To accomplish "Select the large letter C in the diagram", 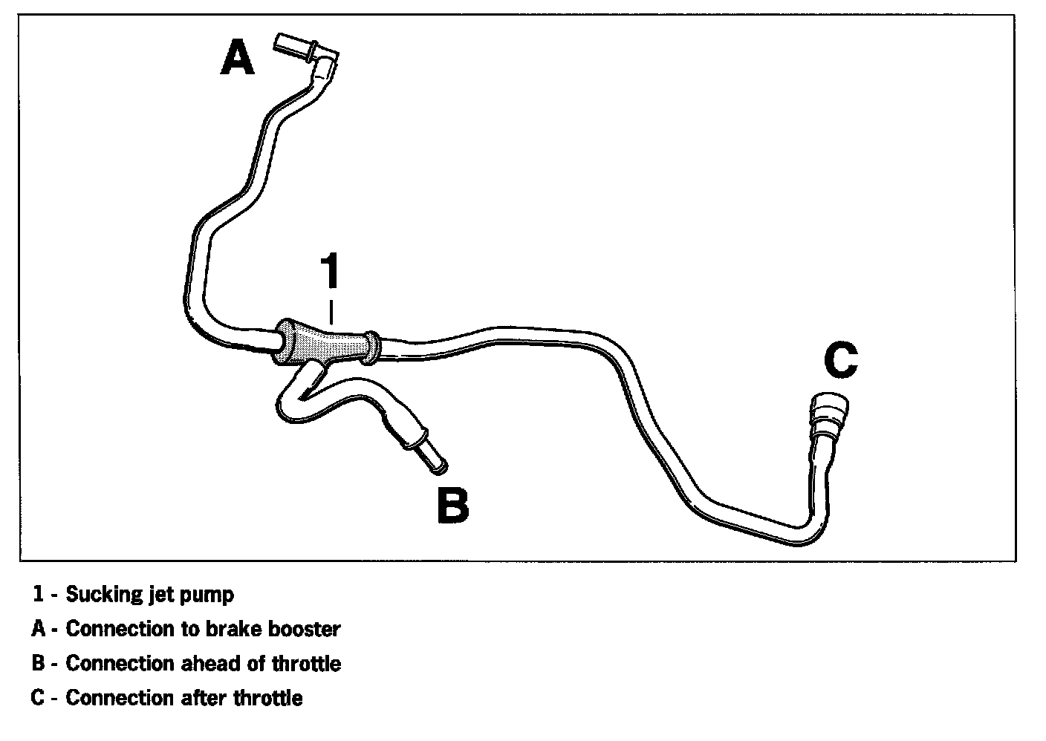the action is coord(841,361).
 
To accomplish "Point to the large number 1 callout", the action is coord(331,272).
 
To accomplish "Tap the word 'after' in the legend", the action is coord(204,698).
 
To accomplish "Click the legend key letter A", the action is coord(38,629).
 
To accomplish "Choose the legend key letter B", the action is coord(38,663).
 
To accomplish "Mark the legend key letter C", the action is coord(38,698).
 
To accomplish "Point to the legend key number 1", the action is coord(38,595).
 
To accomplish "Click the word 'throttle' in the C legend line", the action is coord(267,698).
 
